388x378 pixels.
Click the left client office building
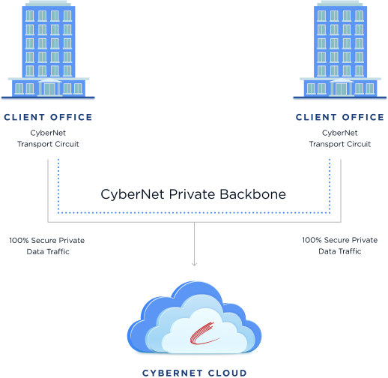tap(48, 49)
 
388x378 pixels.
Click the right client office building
tap(340, 49)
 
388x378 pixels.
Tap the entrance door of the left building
tap(49, 89)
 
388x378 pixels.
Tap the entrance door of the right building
tap(342, 89)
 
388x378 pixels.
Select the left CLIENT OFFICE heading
tap(48, 117)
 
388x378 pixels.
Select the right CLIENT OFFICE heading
tap(340, 117)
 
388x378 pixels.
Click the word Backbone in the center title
tap(252, 194)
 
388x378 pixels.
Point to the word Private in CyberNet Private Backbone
tap(192, 194)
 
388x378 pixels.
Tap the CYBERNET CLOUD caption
tap(195, 373)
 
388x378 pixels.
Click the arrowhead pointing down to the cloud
tap(194, 264)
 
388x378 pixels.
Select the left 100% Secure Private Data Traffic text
tap(47, 246)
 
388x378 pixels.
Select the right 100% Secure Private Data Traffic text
tap(340, 246)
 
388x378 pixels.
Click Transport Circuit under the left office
tap(48, 144)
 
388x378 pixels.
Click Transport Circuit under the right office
tap(340, 144)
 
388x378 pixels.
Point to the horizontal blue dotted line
tap(194, 213)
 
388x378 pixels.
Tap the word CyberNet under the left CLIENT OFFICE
tap(48, 133)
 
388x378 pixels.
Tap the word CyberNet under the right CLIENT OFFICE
tap(340, 133)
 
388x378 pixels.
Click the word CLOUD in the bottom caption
tap(228, 373)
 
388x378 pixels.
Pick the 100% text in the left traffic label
tap(19, 241)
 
